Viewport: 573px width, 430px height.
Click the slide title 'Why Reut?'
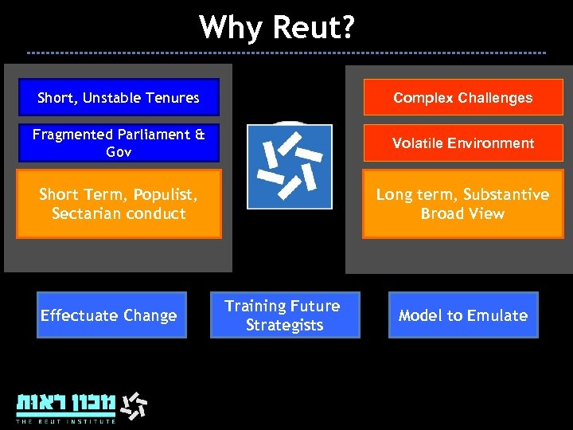278,27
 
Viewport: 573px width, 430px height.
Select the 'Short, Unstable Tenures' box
119,98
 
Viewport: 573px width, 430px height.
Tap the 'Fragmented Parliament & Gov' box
119,143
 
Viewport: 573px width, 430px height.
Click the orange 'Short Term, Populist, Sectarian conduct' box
119,204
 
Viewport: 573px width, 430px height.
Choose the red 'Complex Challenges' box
462,98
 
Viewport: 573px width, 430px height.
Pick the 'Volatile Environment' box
462,143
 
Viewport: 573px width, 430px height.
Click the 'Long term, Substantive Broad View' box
462,204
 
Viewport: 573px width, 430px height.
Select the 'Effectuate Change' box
111,315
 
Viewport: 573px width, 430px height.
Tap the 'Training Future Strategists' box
284,315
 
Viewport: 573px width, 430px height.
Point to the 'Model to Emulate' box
462,315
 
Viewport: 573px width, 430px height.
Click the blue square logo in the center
289,166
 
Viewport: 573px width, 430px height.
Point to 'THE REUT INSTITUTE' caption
66,420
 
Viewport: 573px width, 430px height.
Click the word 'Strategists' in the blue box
284,325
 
